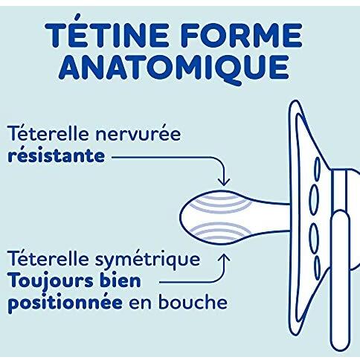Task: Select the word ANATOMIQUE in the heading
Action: coord(174,69)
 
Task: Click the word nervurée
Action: coord(138,134)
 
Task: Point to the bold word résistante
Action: coord(57,156)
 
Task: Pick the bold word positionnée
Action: coord(65,303)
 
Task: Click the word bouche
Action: coord(193,301)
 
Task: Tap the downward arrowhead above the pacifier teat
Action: coord(224,182)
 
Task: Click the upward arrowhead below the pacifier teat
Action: coord(224,258)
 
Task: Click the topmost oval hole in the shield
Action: coord(318,169)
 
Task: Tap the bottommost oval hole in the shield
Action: coord(317,267)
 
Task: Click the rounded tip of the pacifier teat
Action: coord(181,216)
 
